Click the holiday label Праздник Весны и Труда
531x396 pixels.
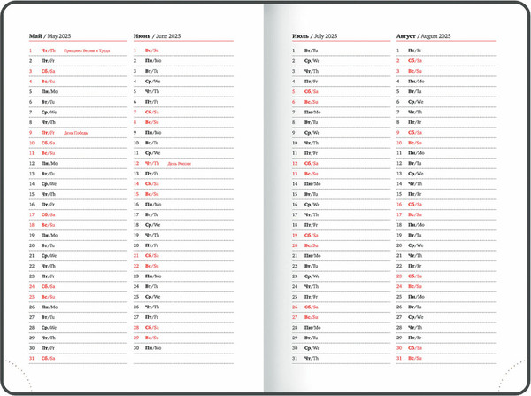[x=87, y=50]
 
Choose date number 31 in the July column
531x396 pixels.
[x=295, y=358]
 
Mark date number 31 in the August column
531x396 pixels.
[x=400, y=358]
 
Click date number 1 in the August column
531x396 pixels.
[x=399, y=50]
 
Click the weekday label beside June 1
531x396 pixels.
[x=152, y=50]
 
